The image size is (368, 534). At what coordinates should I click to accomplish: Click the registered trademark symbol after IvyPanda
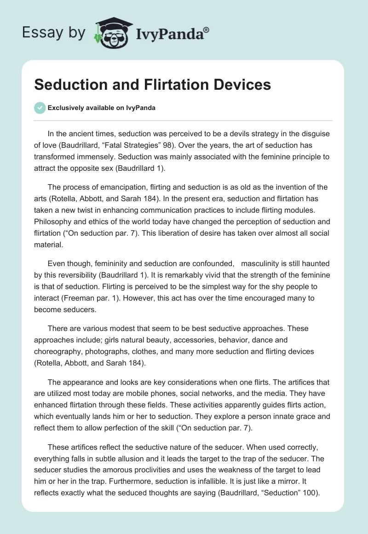tap(207, 29)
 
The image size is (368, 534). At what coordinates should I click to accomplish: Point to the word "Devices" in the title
tap(237, 85)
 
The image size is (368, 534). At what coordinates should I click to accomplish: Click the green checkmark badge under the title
tap(40, 108)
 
